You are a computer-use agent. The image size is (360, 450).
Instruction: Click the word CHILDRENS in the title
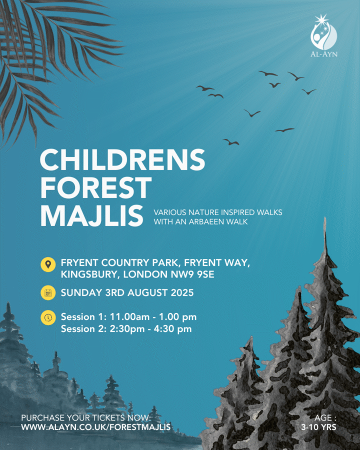pyautogui.click(x=122, y=160)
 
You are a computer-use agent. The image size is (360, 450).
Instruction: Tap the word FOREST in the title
pyautogui.click(x=96, y=187)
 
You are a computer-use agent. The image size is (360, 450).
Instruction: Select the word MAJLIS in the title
pyautogui.click(x=92, y=215)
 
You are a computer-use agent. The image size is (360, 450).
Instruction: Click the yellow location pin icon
pyautogui.click(x=48, y=264)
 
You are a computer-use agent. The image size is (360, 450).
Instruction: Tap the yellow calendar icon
pyautogui.click(x=48, y=292)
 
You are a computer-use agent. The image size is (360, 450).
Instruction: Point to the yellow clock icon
pyautogui.click(x=48, y=317)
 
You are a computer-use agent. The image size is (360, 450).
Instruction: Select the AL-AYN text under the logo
pyautogui.click(x=324, y=54)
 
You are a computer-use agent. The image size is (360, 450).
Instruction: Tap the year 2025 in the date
pyautogui.click(x=182, y=292)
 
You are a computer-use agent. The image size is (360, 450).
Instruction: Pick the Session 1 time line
pyautogui.click(x=128, y=317)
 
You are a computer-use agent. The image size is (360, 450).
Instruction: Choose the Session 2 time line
pyautogui.click(x=126, y=328)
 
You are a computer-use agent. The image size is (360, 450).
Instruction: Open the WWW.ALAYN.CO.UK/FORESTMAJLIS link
pyautogui.click(x=96, y=427)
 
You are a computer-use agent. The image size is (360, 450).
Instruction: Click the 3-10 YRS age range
pyautogui.click(x=318, y=427)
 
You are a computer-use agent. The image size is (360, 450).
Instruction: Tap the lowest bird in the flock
pyautogui.click(x=231, y=142)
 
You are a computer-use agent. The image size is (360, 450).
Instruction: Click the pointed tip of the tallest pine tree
pyautogui.click(x=325, y=218)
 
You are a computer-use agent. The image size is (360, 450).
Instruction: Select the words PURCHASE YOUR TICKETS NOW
pyautogui.click(x=86, y=417)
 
